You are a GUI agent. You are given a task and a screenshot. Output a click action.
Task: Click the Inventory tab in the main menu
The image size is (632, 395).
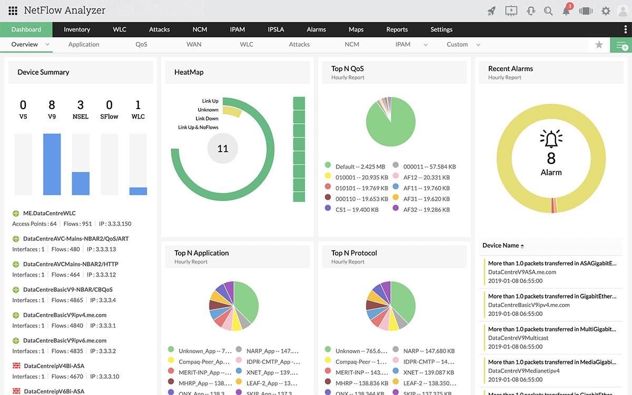[x=77, y=29]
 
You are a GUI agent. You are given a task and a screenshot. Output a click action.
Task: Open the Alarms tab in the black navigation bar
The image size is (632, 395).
[x=316, y=29]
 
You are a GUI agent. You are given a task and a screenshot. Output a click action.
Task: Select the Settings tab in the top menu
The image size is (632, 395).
[x=441, y=29]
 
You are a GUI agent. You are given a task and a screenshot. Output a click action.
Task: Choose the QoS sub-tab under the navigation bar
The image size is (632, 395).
[x=141, y=45]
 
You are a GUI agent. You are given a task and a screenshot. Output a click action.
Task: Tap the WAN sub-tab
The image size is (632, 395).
[x=194, y=45]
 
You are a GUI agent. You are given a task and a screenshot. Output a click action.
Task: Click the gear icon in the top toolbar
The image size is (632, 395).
[x=606, y=11]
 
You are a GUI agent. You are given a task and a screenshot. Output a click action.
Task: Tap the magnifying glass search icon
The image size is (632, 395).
[x=548, y=11]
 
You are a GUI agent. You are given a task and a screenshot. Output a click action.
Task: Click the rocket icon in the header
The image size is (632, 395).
[x=491, y=11]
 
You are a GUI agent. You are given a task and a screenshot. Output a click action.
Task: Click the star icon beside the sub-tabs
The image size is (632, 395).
[x=599, y=45]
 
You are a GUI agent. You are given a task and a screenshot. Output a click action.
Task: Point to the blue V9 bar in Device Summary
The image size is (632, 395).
[x=52, y=164]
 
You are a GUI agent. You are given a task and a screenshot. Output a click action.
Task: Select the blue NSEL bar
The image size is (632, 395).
[x=81, y=183]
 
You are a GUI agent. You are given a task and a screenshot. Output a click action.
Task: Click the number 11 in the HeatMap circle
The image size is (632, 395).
[x=223, y=149]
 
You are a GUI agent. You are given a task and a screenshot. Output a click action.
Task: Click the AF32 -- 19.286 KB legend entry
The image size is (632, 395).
[x=426, y=209]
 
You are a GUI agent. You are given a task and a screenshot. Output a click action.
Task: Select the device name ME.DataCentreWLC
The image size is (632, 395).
[x=49, y=213]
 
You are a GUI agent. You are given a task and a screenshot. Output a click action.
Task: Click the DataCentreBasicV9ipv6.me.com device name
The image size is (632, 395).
[x=64, y=340]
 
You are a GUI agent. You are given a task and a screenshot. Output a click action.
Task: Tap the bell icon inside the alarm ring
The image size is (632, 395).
[x=551, y=139]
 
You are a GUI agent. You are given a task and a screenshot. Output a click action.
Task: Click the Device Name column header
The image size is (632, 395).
[x=500, y=245]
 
